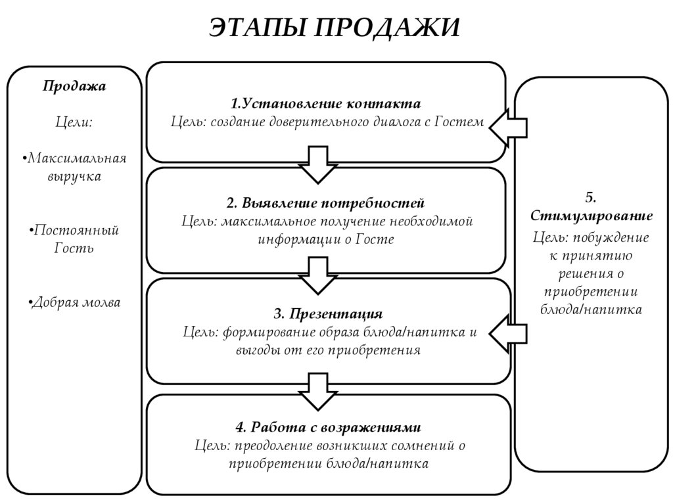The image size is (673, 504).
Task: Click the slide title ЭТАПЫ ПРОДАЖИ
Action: [335, 28]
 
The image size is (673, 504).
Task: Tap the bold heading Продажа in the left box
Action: [74, 86]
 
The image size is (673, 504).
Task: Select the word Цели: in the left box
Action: [74, 122]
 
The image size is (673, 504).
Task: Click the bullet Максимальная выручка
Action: [74, 167]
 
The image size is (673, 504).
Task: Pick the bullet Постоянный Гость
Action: [74, 239]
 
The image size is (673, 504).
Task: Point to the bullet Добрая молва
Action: [74, 302]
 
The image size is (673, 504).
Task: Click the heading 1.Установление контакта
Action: [325, 104]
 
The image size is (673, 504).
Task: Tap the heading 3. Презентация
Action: [327, 312]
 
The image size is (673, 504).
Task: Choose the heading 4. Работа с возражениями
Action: [327, 427]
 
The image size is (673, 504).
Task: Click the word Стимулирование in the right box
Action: [591, 216]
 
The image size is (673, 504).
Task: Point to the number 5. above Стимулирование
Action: [590, 197]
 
